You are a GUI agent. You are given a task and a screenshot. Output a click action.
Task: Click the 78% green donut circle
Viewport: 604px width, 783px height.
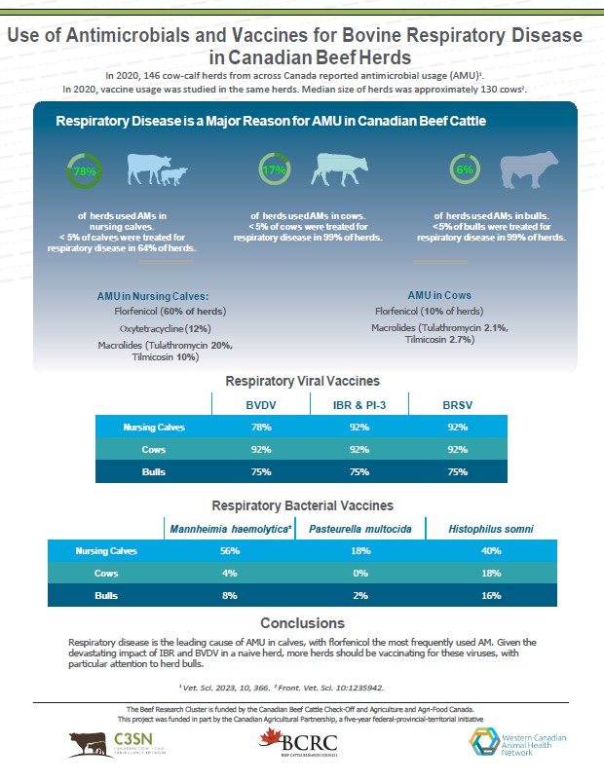coord(85,171)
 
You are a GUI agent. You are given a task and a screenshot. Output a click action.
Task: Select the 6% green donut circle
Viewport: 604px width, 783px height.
coord(464,170)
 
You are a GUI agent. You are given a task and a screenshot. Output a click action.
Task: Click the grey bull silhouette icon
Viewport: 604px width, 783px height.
coord(529,169)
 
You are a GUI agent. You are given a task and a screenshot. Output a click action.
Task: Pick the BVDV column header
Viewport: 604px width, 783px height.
coord(261,404)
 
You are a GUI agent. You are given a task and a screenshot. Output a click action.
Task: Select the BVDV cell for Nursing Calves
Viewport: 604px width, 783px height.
coord(261,427)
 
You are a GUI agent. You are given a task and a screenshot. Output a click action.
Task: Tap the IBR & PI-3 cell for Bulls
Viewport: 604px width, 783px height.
coord(359,472)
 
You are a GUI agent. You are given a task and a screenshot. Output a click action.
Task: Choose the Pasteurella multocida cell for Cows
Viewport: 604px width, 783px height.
coord(359,574)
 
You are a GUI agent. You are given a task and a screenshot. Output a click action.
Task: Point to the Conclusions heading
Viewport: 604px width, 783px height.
coord(302,623)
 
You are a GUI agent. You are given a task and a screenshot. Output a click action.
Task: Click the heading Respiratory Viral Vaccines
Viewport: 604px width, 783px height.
coord(302,381)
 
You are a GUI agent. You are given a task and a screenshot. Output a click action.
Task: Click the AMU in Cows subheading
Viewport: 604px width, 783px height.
coord(439,294)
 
